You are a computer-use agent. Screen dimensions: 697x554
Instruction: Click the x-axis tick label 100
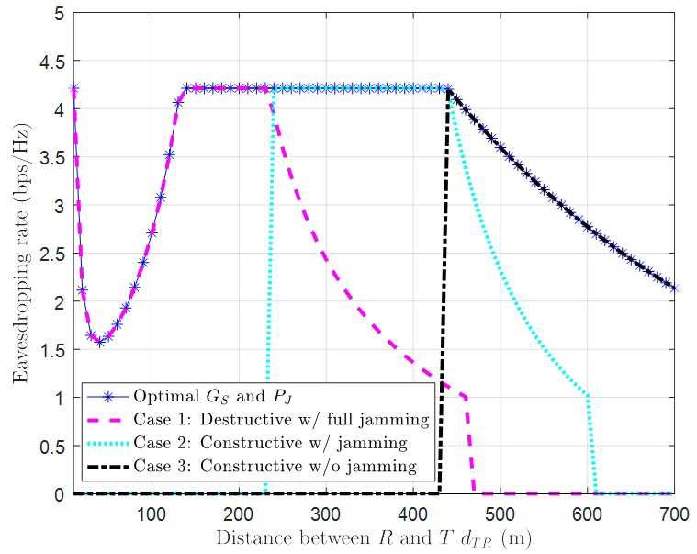pyautogui.click(x=152, y=514)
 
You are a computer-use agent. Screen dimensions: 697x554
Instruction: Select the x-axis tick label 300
pyautogui.click(x=326, y=514)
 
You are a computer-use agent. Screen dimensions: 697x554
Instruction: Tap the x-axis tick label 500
pyautogui.click(x=500, y=514)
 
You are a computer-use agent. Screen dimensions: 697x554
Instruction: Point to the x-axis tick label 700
pyautogui.click(x=674, y=514)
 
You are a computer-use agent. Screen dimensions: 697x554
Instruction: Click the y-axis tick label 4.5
pyautogui.click(x=51, y=62)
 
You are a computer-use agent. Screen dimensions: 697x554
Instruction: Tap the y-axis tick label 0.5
pyautogui.click(x=51, y=447)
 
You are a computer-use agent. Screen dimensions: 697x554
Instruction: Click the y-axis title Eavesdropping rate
pyautogui.click(x=22, y=252)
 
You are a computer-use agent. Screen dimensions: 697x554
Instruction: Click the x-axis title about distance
pyautogui.click(x=374, y=539)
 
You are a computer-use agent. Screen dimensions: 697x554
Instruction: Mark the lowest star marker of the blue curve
pyautogui.click(x=99, y=342)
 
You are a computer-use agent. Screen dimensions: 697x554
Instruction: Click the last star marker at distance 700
pyautogui.click(x=674, y=288)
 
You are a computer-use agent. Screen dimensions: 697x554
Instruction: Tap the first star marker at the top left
pyautogui.click(x=73, y=88)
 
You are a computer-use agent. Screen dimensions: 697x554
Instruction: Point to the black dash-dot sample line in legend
pyautogui.click(x=107, y=467)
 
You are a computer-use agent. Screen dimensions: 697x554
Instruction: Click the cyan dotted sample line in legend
pyautogui.click(x=107, y=443)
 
